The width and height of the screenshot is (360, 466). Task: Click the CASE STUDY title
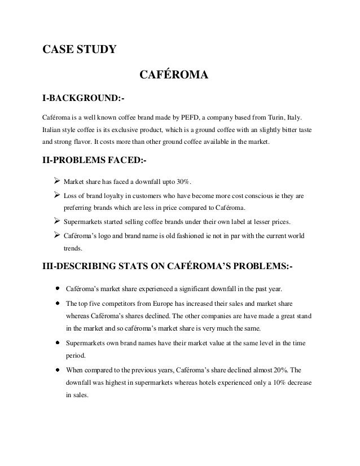(80, 49)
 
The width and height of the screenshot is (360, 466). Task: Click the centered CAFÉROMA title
(174, 74)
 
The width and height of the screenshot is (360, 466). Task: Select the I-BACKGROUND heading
(84, 99)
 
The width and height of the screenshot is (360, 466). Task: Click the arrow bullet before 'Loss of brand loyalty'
(56, 196)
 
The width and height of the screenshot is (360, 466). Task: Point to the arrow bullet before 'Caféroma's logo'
(56, 235)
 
